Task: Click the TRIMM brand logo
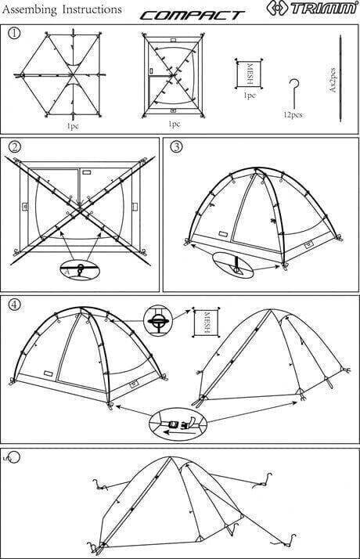[x=311, y=8]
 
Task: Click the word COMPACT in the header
[x=192, y=16]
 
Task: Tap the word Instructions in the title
[x=92, y=9]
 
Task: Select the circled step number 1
[x=14, y=33]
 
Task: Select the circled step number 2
[x=14, y=147]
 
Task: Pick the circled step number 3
[x=176, y=147]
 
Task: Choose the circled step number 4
[x=14, y=304]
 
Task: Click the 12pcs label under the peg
[x=293, y=114]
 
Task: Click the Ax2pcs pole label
[x=333, y=80]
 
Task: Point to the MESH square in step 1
[x=249, y=74]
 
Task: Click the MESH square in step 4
[x=206, y=323]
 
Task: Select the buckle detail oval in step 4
[x=178, y=424]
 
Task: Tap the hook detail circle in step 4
[x=158, y=320]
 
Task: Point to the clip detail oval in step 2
[x=80, y=269]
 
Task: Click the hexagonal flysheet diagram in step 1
[x=60, y=75]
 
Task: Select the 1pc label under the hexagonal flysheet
[x=72, y=126]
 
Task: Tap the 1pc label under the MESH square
[x=250, y=96]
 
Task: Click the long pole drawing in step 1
[x=340, y=78]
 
